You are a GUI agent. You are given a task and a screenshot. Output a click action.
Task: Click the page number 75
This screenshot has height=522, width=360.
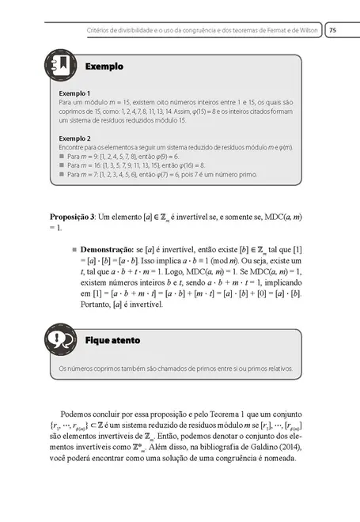pyautogui.click(x=333, y=30)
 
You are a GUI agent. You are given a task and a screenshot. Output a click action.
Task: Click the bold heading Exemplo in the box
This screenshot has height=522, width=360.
pyautogui.click(x=104, y=68)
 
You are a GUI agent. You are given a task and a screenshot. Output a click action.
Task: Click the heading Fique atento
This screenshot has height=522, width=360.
pyautogui.click(x=112, y=340)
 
